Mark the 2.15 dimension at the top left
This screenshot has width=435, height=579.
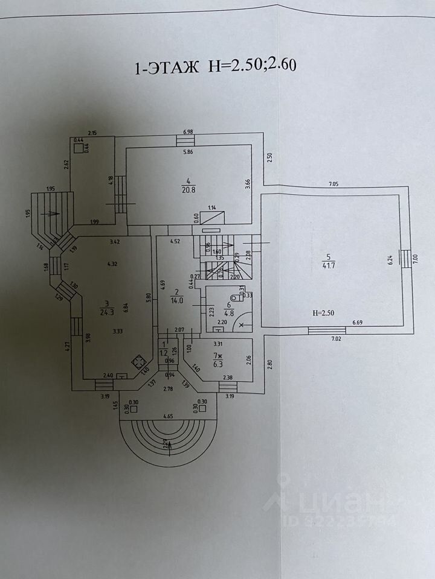92,132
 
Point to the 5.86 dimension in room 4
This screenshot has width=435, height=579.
190,152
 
